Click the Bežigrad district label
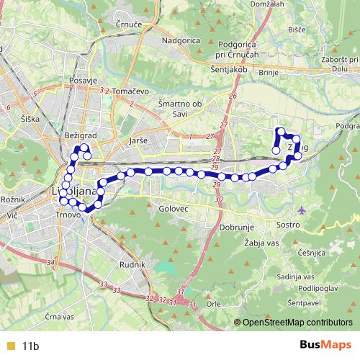click(x=79, y=135)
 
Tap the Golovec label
click(x=173, y=208)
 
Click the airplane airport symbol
click(x=301, y=210)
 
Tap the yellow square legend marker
click(x=9, y=346)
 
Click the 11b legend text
click(x=30, y=346)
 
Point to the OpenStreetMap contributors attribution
click(x=297, y=323)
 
